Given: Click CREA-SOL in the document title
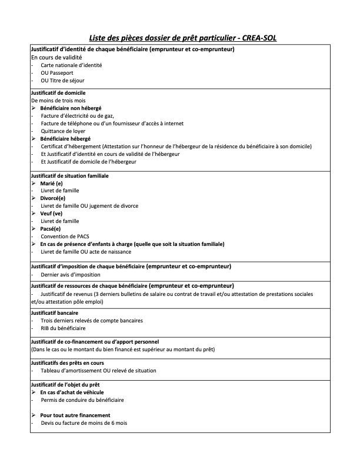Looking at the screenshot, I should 256,37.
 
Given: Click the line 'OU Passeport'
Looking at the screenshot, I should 56,72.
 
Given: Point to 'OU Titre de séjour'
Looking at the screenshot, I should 62,80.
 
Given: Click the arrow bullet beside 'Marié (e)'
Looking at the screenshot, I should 33,183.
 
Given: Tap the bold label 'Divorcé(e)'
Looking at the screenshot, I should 54,198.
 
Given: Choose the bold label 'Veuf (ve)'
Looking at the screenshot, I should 52,214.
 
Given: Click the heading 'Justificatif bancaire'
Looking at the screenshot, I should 54,312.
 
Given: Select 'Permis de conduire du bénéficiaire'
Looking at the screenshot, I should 82,400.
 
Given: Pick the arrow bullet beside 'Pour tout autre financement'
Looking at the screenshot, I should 33,415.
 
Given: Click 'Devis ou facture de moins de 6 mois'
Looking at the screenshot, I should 84,423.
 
